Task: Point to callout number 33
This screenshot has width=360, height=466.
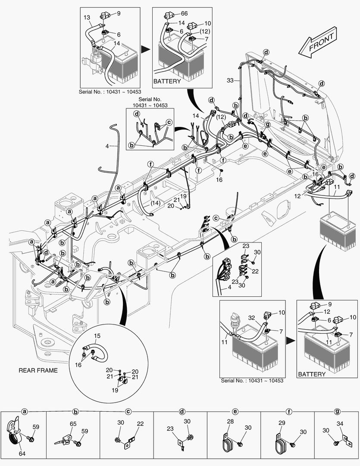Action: coord(230,81)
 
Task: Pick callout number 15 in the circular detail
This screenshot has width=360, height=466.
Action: coord(97,335)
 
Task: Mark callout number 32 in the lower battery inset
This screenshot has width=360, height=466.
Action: coord(252,318)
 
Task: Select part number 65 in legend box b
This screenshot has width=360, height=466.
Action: coord(73,425)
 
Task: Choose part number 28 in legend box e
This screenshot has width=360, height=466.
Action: coord(231,421)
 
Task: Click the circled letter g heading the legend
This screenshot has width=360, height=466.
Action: coord(337,412)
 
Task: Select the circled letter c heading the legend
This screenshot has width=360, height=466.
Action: coord(128,412)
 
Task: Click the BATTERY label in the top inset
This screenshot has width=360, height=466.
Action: coord(167,81)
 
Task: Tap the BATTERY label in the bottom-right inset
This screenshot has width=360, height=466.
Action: coord(312,374)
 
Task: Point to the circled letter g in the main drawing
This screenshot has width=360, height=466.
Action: coord(267,125)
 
